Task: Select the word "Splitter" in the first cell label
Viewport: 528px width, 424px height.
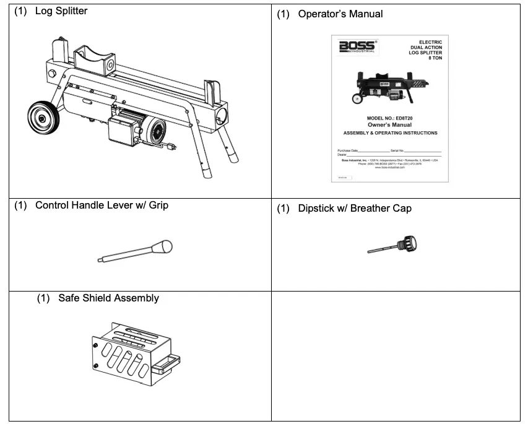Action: [69, 12]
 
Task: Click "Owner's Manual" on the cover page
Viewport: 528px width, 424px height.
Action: [390, 125]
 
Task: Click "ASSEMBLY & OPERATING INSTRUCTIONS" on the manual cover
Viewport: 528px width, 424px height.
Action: [390, 133]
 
